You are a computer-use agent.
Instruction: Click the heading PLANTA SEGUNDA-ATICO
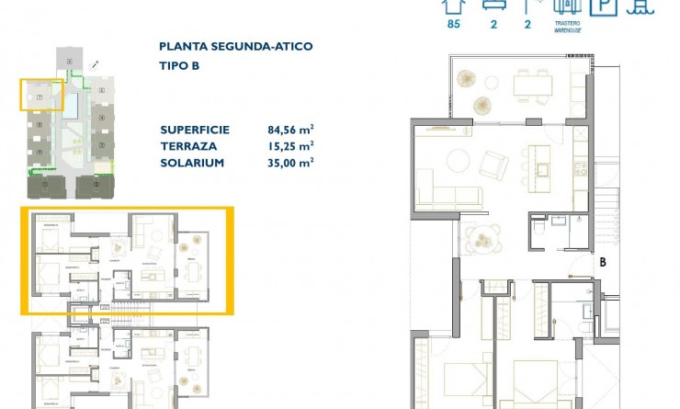click(235, 46)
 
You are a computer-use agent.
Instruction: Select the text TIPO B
click(179, 66)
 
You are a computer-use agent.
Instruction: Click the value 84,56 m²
click(290, 130)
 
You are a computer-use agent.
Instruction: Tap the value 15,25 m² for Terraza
click(290, 145)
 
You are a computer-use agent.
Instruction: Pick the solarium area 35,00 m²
click(290, 162)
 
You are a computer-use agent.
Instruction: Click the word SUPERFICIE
click(194, 130)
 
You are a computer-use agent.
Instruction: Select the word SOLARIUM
click(191, 162)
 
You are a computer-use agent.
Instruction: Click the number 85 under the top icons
click(452, 25)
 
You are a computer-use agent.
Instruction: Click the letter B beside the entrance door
click(603, 262)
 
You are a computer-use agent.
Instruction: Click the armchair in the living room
click(494, 165)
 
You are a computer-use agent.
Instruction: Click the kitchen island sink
click(542, 168)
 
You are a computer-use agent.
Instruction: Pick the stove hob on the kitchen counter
click(580, 167)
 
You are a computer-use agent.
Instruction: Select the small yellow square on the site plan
click(41, 95)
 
